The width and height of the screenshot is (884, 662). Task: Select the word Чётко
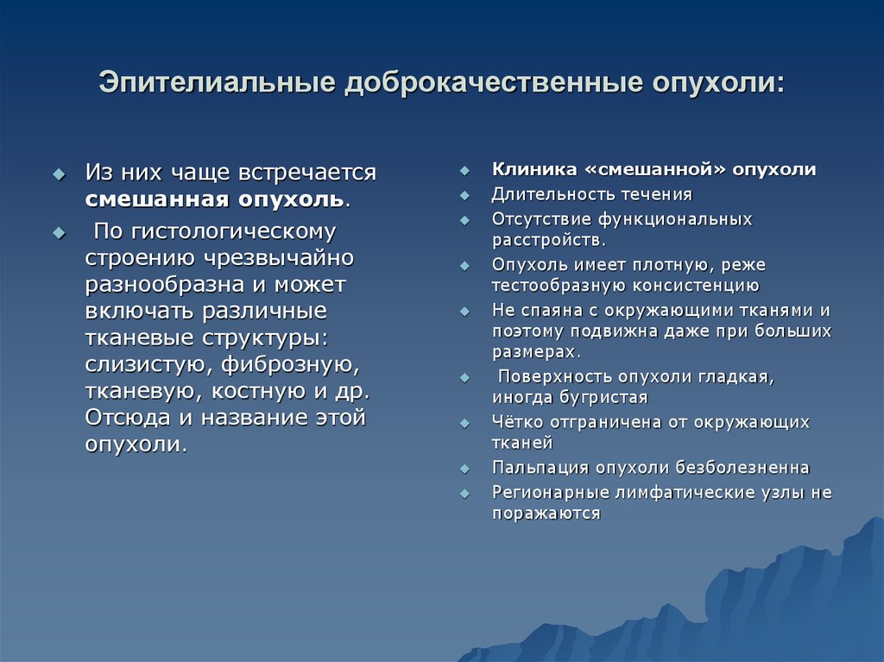tap(519, 423)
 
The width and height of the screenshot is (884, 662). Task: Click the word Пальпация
tap(539, 468)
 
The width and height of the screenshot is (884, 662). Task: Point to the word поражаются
tap(546, 513)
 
